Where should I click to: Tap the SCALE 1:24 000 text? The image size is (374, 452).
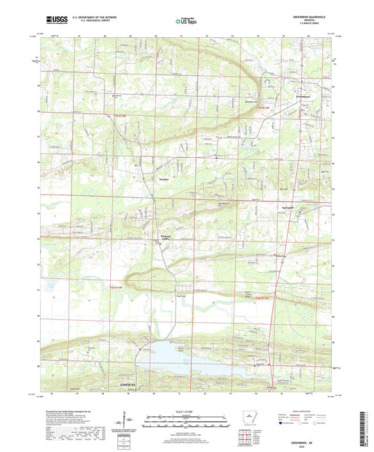(x=186, y=410)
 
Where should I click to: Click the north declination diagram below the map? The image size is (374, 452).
(x=123, y=424)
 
